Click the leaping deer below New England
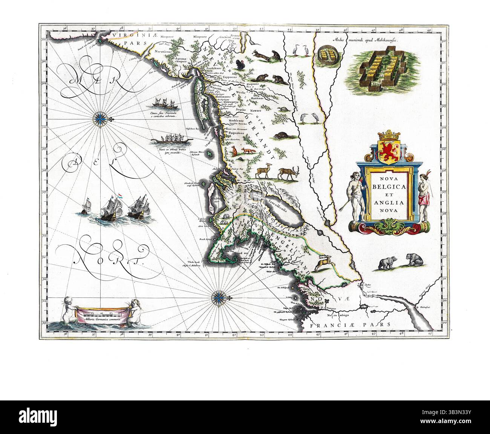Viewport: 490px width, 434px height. [x=323, y=262]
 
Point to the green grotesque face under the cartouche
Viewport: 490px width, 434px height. [x=388, y=226]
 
